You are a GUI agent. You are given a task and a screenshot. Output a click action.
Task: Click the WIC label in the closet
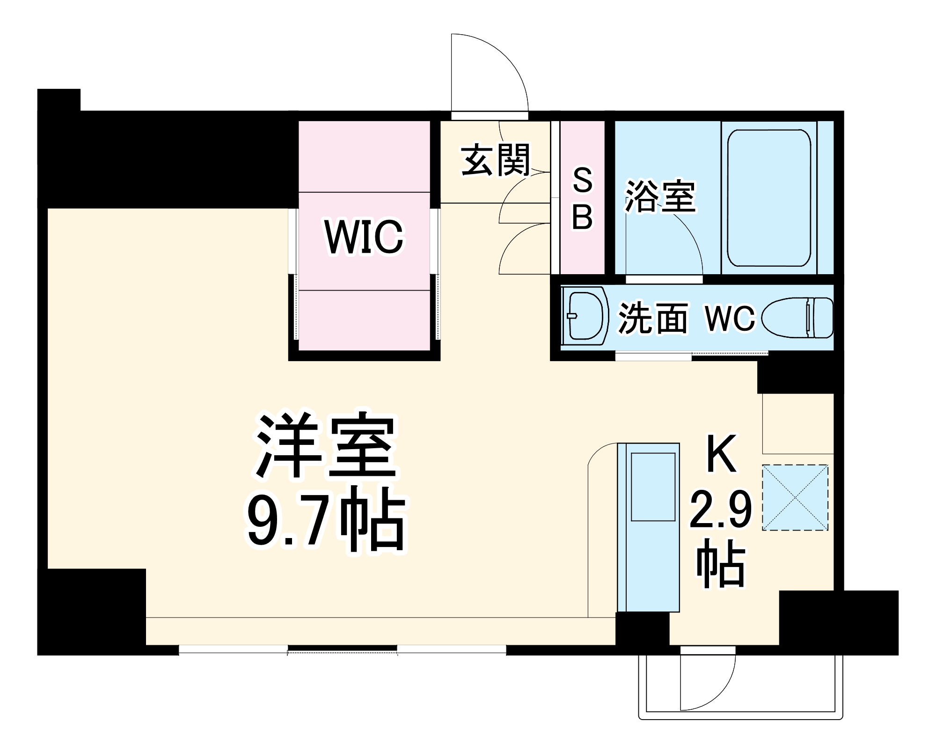[x=364, y=237]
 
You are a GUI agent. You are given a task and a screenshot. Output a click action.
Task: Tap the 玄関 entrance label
[x=496, y=160]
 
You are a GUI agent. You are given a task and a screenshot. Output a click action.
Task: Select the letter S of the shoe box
[x=583, y=181]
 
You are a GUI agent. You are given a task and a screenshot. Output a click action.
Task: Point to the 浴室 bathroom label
[x=661, y=197]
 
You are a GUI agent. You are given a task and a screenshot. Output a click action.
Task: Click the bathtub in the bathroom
[x=769, y=198]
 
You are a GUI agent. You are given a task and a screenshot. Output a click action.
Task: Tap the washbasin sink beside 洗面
[x=585, y=316]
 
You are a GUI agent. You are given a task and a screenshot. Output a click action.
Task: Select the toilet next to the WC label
[x=798, y=318]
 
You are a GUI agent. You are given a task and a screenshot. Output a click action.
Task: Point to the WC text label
[x=730, y=318]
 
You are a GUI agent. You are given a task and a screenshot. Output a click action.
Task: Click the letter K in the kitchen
[x=721, y=453]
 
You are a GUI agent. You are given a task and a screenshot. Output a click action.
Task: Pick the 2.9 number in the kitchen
[x=721, y=510]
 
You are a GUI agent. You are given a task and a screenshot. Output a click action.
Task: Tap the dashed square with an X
[x=795, y=497]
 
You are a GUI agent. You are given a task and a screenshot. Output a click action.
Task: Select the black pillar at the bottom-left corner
[x=91, y=611]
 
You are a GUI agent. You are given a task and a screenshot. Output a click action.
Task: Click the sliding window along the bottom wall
[x=342, y=650]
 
